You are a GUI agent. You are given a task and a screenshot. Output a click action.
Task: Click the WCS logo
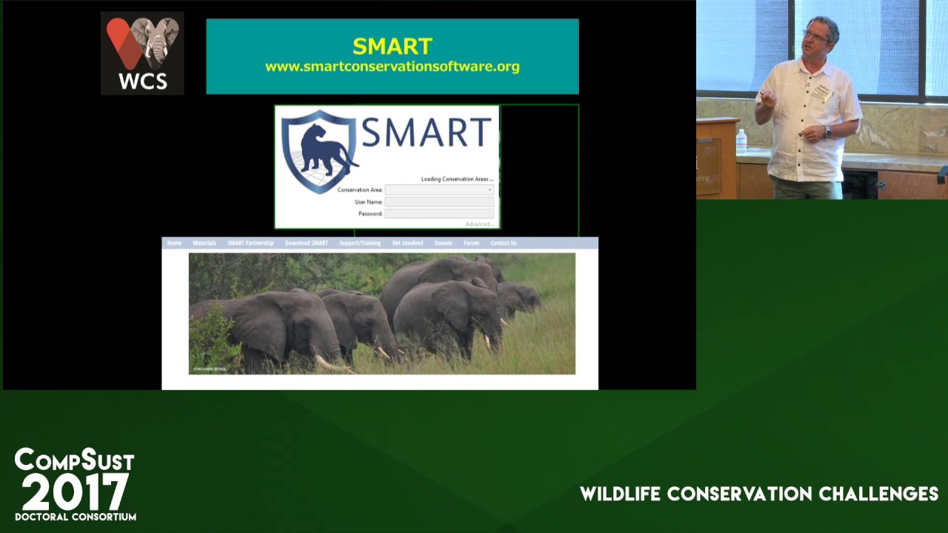pos(142,53)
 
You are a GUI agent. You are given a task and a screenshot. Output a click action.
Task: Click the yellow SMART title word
pos(392,46)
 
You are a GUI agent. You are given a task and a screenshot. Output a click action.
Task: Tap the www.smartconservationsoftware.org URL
pos(392,67)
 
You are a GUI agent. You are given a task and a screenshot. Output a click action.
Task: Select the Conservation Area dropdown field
pos(438,190)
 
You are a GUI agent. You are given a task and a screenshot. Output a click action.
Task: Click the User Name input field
pos(438,202)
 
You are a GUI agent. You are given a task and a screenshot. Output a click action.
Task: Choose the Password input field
pos(438,214)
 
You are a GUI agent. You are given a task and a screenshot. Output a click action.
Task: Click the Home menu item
pos(174,243)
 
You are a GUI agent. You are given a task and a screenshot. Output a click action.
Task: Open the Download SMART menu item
pos(306,243)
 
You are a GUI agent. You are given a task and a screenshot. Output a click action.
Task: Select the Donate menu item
pos(443,243)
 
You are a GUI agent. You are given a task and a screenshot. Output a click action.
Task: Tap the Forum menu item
pos(471,243)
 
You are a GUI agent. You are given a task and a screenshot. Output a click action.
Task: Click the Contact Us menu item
pos(503,243)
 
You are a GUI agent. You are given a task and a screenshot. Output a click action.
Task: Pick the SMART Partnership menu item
pos(250,243)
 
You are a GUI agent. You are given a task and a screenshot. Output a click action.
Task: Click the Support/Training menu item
pos(360,243)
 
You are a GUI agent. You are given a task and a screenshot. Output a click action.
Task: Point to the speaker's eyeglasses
pos(815,34)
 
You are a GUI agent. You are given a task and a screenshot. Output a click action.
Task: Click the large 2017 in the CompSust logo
pos(75,492)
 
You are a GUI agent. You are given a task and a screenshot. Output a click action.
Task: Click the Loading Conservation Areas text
pos(457,179)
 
